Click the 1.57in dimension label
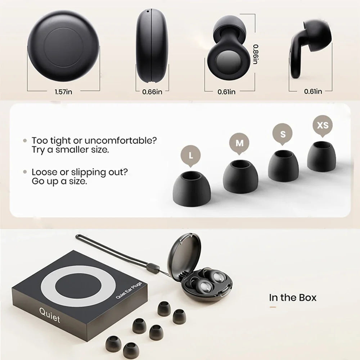click(x=64, y=92)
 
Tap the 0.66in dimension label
click(x=152, y=92)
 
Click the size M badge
click(x=239, y=143)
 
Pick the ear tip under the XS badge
click(x=321, y=156)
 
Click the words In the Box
click(x=293, y=297)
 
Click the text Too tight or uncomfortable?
click(x=94, y=140)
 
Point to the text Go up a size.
click(x=59, y=181)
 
